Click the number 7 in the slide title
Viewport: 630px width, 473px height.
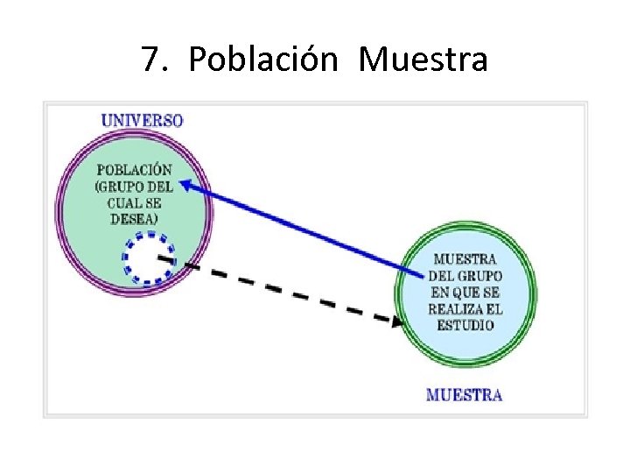[x=150, y=60]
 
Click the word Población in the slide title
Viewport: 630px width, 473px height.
[x=262, y=60]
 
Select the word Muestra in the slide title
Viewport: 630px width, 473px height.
[x=423, y=60]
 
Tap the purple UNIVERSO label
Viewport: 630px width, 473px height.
[x=142, y=120]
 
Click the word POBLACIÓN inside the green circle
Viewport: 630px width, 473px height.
[x=134, y=170]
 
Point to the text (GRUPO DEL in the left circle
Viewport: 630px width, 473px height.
[x=134, y=187]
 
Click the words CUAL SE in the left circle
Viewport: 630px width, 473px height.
[x=134, y=202]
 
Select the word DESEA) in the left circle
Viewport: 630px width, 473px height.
[x=134, y=218]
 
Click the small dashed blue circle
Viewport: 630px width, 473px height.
[x=148, y=258]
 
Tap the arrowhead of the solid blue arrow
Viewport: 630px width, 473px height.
[x=185, y=184]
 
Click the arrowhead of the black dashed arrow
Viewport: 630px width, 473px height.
[x=397, y=321]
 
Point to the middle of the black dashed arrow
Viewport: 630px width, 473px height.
[x=280, y=290]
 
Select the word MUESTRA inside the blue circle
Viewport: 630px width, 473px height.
[x=465, y=259]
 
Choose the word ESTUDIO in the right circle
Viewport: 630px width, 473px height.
[x=465, y=325]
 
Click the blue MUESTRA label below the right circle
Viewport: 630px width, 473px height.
[x=464, y=395]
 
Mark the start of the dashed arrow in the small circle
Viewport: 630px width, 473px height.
[x=160, y=258]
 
